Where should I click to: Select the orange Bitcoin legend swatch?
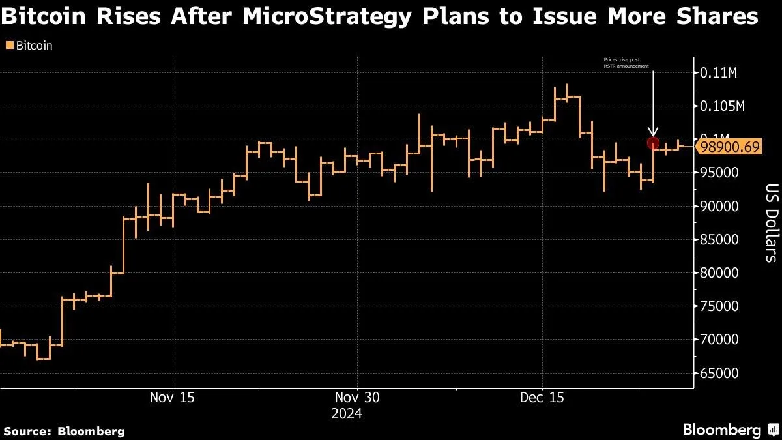[x=8, y=46]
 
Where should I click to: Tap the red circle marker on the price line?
[x=652, y=143]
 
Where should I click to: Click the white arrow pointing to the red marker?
[x=653, y=104]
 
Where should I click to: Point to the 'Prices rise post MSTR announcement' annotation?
[x=626, y=63]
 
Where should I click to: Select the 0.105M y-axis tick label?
[x=722, y=106]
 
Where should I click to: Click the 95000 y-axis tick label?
[x=719, y=173]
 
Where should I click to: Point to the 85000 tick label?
[x=719, y=240]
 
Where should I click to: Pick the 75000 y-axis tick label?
[x=719, y=306]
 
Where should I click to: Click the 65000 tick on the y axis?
[x=719, y=374]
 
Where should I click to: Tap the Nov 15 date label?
[x=173, y=397]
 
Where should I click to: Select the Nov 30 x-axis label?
[x=357, y=397]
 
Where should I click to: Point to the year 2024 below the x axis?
[x=346, y=414]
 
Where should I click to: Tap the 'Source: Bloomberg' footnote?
[x=64, y=431]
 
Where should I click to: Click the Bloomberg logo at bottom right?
[x=730, y=430]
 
